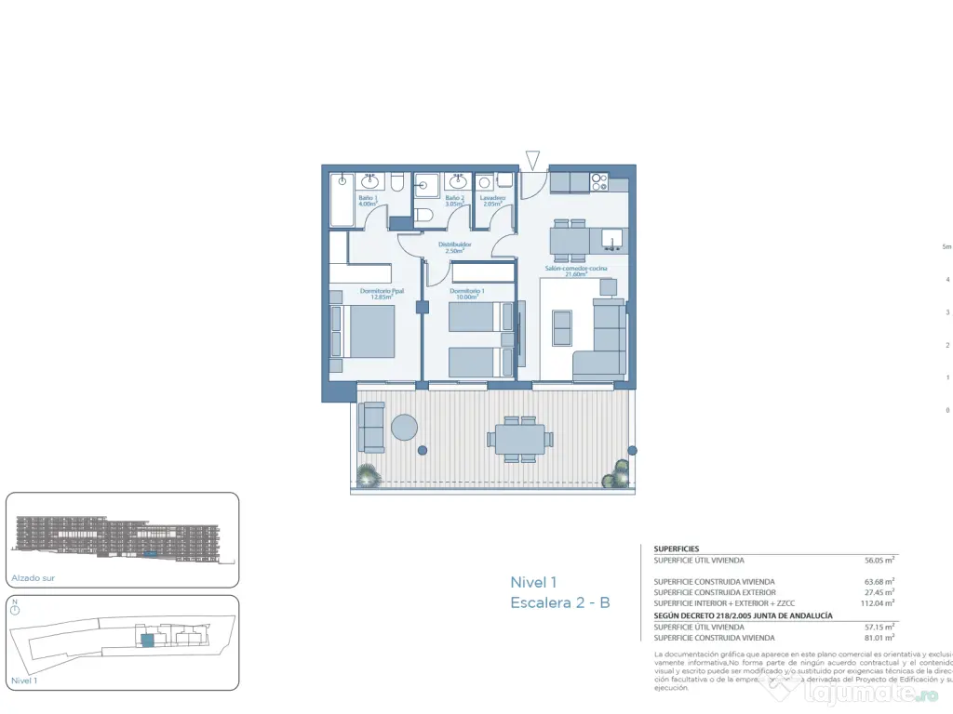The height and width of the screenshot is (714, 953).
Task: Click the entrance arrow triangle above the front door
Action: (532, 161)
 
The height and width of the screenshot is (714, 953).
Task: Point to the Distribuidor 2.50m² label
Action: (454, 247)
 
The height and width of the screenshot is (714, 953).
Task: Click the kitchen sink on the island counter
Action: (612, 240)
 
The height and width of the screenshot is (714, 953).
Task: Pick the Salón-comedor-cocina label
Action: (576, 271)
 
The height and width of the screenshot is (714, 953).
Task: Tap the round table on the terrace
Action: (405, 427)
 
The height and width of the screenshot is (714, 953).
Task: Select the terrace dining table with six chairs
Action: (520, 438)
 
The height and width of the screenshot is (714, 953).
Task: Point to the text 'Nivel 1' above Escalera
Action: (533, 582)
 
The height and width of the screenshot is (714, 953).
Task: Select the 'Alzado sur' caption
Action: (33, 577)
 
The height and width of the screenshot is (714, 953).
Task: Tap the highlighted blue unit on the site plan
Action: (146, 641)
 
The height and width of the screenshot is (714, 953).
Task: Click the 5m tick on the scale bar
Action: (946, 247)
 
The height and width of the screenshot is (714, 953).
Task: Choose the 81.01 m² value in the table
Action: (879, 638)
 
